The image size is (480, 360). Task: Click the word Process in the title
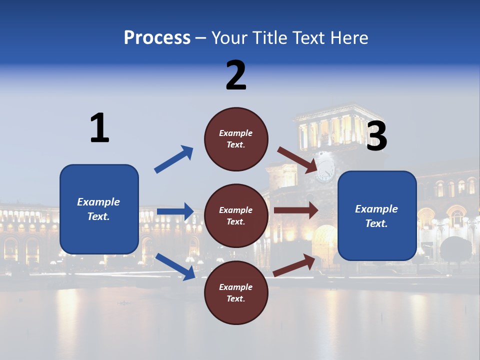(x=157, y=38)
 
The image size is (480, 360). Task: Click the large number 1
(x=99, y=128)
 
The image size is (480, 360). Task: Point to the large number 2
(x=236, y=75)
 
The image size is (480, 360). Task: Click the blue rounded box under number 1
(x=99, y=209)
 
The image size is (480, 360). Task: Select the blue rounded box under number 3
(x=377, y=216)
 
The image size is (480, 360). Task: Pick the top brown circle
(x=236, y=139)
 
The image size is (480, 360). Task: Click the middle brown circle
(x=236, y=216)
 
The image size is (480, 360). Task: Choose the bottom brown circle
(x=236, y=292)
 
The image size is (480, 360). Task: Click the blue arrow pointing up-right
(x=174, y=159)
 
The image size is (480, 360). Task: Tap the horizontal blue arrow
(x=175, y=211)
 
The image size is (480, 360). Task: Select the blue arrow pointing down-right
(x=175, y=266)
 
